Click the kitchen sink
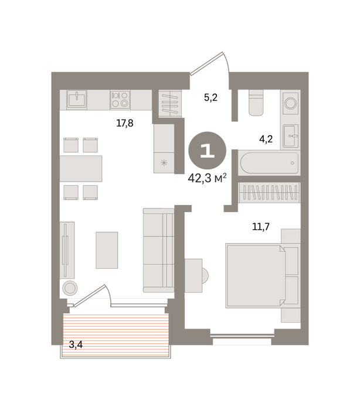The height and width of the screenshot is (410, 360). click(x=76, y=99)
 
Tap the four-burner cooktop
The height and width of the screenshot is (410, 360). click(x=120, y=100)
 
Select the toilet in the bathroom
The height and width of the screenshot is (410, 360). click(x=256, y=102)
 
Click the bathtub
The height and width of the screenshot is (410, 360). click(x=269, y=163)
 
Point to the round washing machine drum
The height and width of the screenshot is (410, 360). click(x=291, y=103)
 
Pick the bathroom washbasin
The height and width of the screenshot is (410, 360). click(x=291, y=136)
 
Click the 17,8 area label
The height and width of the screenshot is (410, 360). click(x=125, y=123)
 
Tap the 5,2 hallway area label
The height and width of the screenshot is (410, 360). click(x=210, y=98)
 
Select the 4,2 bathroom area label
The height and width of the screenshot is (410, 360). click(x=266, y=139)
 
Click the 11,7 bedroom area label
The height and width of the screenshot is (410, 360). click(x=261, y=227)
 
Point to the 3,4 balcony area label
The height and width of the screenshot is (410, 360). click(x=76, y=345)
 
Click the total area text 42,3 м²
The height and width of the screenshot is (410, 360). click(x=207, y=179)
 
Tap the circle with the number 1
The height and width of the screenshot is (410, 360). click(x=208, y=151)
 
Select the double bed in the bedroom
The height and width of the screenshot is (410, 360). click(x=262, y=276)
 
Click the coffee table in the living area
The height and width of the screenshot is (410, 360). click(x=107, y=250)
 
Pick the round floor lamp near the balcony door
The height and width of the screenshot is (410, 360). click(x=70, y=288)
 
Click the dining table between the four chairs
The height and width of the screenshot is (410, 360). click(x=81, y=169)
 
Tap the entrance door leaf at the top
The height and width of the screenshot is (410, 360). click(x=207, y=63)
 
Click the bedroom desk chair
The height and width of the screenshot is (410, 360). click(x=205, y=276)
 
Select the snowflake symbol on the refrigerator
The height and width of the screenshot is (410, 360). click(x=164, y=163)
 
